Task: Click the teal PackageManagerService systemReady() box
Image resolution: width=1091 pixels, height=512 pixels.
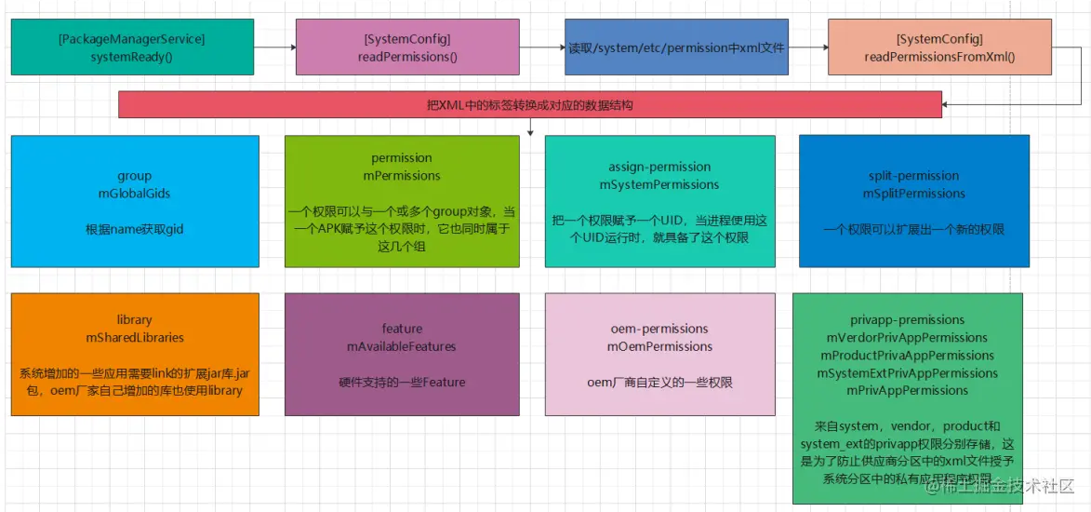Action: point(132,47)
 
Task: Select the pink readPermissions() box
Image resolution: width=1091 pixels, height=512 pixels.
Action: point(407,47)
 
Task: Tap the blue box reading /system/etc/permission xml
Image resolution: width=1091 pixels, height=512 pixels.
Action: point(676,47)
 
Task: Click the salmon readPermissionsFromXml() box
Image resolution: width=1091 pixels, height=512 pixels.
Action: point(939,47)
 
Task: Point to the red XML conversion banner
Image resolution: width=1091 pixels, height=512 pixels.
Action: point(530,104)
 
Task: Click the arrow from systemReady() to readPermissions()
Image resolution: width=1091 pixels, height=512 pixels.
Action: point(274,47)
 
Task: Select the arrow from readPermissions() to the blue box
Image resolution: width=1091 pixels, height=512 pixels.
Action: point(542,47)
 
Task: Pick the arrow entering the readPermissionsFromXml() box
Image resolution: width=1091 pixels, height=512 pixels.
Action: point(809,47)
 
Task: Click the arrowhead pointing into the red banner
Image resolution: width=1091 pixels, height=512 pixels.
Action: point(949,105)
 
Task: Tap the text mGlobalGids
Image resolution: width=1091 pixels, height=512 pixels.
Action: point(135,194)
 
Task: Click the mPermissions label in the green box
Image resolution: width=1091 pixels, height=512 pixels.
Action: point(402,176)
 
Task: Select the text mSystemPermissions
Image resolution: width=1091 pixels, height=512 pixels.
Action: point(659,184)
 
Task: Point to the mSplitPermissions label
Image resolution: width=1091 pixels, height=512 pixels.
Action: point(913,194)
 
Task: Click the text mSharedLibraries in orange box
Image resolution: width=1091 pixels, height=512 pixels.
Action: point(135,337)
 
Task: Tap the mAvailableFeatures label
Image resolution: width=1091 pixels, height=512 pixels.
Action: point(402,346)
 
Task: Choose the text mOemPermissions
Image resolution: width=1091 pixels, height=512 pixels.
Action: point(659,346)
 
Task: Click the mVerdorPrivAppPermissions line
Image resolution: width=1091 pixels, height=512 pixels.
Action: point(907,337)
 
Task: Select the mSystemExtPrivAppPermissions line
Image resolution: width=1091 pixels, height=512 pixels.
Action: point(907,373)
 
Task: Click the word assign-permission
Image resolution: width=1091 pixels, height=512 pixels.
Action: point(659,167)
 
